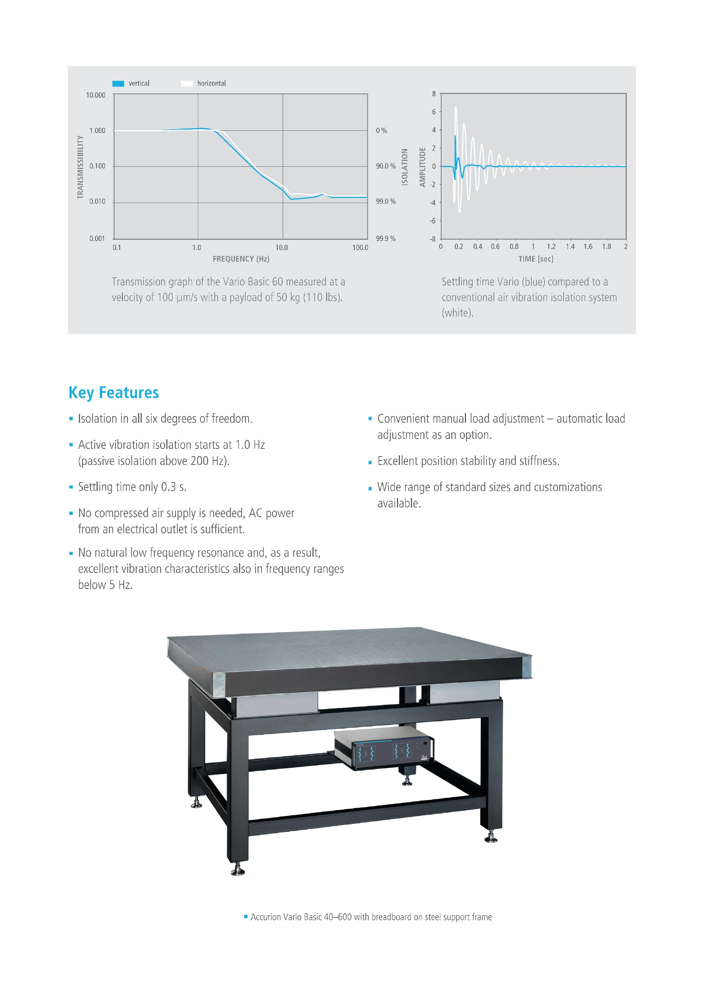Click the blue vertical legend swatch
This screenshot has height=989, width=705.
(118, 84)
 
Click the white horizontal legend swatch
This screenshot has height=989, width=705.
(187, 84)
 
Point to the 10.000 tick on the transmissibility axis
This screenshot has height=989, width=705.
(95, 95)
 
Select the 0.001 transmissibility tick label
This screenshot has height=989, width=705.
(97, 238)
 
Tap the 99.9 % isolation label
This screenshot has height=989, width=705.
(386, 238)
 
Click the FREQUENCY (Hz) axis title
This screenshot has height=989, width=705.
(241, 259)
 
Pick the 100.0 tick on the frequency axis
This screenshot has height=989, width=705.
(360, 248)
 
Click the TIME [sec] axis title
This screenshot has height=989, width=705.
(536, 259)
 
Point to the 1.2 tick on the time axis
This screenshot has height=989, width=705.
(551, 246)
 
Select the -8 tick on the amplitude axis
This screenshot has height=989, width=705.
(433, 239)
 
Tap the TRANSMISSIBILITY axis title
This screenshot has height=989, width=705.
(80, 167)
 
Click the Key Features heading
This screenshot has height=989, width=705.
(114, 393)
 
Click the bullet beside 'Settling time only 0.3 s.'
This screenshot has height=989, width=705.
(71, 488)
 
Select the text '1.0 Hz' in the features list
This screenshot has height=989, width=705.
(250, 445)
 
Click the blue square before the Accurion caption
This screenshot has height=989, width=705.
(246, 917)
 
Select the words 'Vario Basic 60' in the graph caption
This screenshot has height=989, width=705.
(252, 282)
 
